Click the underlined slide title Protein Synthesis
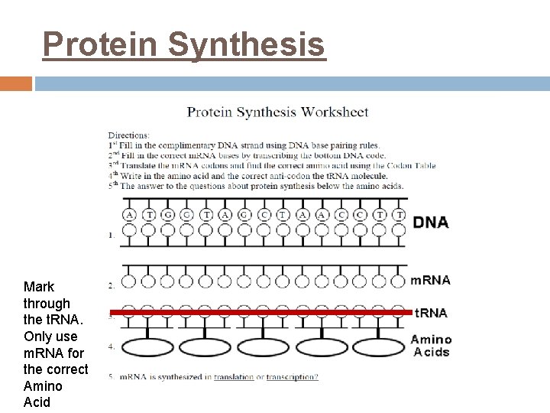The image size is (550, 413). point(183,44)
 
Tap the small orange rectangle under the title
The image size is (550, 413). point(16,83)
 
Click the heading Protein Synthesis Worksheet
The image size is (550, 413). point(278,112)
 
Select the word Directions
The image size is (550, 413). point(128,135)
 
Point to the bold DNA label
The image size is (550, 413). point(431,223)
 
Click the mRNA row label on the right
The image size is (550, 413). point(431,280)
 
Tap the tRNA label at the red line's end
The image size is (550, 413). point(431,313)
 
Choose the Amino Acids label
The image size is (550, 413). point(431,346)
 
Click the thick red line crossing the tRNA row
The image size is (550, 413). point(260,313)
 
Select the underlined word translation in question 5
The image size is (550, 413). point(234,377)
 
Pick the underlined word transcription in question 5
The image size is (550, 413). point(292,377)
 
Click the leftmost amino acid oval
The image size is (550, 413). point(147,347)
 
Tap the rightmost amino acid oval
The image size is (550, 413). point(380,347)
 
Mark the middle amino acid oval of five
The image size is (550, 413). point(264,347)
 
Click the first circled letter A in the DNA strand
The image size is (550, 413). point(129,215)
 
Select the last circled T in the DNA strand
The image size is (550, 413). point(399,215)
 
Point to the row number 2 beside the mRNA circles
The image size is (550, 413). point(112,286)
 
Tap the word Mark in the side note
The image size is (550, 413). point(39,287)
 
